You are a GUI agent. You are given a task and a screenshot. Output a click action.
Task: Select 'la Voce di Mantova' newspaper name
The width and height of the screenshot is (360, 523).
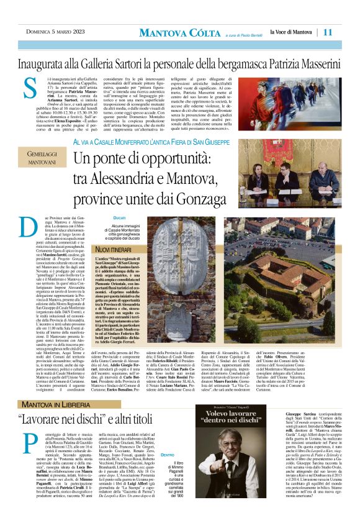click(x=291, y=32)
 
